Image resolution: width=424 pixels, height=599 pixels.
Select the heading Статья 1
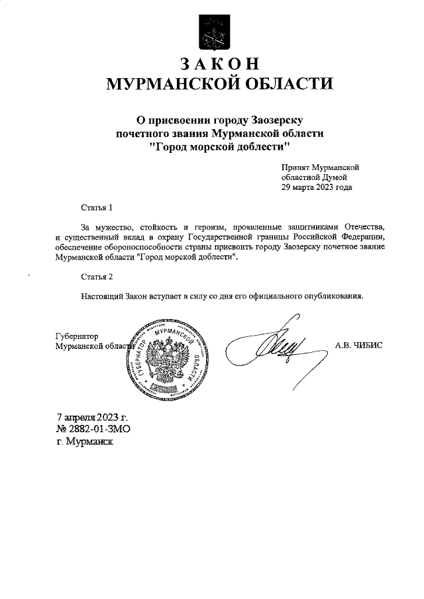pos(97,208)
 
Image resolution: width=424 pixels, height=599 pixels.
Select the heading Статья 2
pos(97,276)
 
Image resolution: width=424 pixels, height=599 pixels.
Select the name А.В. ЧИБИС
pos(359,345)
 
